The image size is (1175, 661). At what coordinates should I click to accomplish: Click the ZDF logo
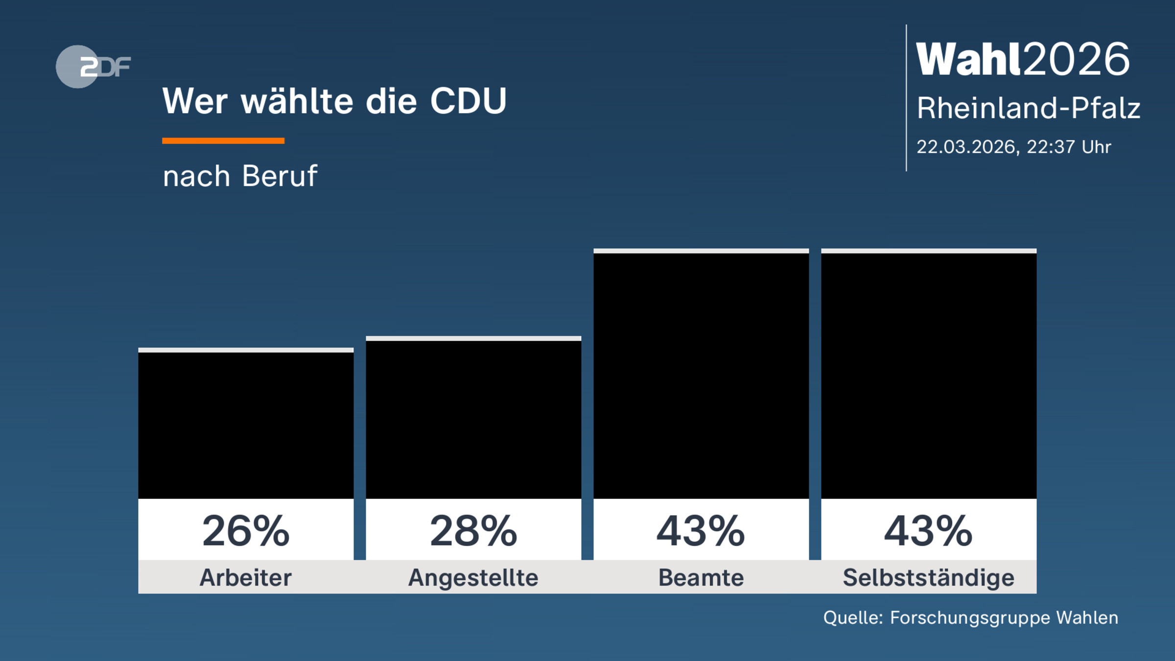[x=93, y=67]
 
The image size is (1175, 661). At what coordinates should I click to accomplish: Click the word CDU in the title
[x=468, y=101]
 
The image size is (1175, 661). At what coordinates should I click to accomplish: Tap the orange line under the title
[x=223, y=141]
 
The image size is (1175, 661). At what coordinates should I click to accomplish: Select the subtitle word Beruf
[x=280, y=176]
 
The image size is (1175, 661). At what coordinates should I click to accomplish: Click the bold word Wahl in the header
[x=969, y=59]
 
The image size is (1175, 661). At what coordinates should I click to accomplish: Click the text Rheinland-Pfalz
[x=1028, y=108]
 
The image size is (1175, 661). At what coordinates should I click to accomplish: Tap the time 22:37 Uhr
[x=1068, y=147]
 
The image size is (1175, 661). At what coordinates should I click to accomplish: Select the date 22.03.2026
[x=965, y=147]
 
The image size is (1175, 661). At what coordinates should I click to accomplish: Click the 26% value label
[x=246, y=531]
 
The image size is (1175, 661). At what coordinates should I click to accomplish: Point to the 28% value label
[x=473, y=531]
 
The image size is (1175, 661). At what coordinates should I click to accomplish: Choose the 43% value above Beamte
[x=701, y=531]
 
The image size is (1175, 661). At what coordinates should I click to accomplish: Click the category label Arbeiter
[x=246, y=577]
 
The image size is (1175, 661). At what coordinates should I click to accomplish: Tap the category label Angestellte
[x=473, y=577]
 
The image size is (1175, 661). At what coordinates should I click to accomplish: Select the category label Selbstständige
[x=929, y=577]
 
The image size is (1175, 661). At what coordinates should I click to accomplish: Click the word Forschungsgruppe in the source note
[x=970, y=618]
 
